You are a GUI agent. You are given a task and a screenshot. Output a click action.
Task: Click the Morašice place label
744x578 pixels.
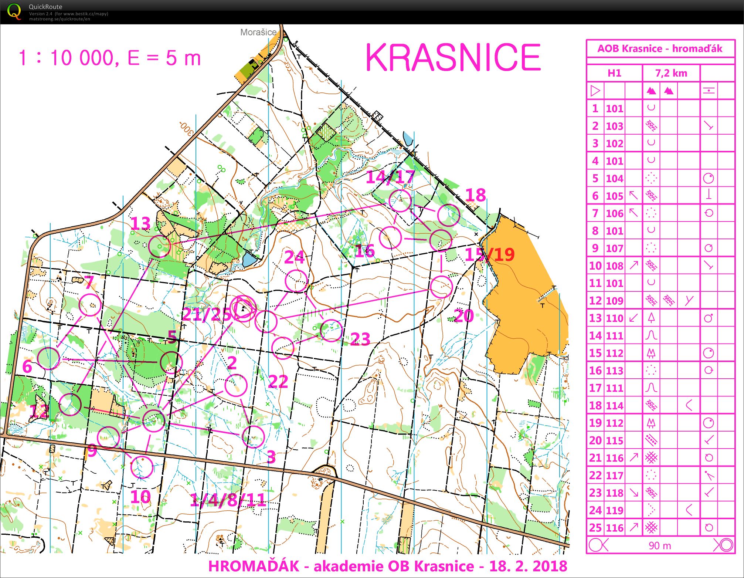click(x=258, y=32)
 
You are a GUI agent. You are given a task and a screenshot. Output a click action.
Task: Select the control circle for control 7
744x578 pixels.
click(x=90, y=305)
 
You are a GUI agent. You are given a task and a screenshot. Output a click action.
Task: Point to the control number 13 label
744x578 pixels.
click(x=141, y=224)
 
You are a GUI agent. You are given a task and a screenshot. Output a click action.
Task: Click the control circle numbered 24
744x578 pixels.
click(x=296, y=281)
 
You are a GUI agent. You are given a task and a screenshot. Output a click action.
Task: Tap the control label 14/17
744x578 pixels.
click(x=391, y=177)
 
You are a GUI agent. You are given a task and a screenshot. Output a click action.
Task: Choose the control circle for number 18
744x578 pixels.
click(x=448, y=215)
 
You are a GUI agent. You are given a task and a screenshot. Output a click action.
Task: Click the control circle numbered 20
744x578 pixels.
click(x=441, y=287)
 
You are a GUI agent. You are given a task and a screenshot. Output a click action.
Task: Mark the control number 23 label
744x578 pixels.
click(x=360, y=339)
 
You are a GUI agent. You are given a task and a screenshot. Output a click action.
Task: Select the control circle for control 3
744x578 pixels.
click(x=254, y=437)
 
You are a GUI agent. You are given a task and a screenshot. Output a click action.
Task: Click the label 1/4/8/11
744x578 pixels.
click(x=228, y=500)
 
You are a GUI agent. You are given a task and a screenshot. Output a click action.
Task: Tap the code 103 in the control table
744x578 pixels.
click(x=614, y=126)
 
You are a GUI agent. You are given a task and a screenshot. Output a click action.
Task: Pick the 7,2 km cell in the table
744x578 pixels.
click(x=671, y=73)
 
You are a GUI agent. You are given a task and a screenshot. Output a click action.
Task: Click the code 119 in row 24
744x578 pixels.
click(x=614, y=510)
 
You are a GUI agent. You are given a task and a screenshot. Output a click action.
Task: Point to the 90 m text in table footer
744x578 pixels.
click(x=659, y=545)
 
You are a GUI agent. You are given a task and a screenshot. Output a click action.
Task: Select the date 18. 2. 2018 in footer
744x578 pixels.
click(x=528, y=566)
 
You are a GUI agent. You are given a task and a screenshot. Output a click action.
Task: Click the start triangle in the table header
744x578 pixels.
click(x=595, y=91)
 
